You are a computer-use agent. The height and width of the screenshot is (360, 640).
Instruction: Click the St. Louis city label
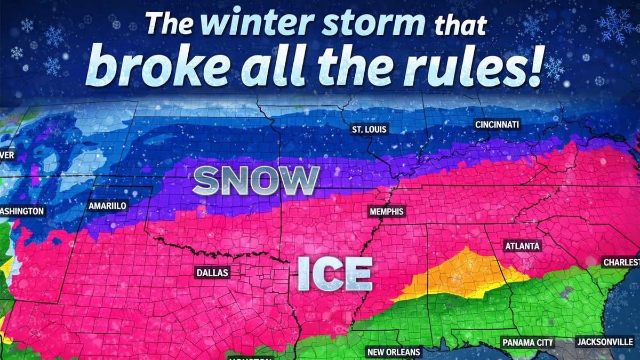tap(369, 130)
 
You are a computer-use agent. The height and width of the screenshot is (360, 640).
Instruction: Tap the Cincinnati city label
tap(497, 125)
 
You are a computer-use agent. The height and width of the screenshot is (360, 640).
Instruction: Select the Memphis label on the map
tap(387, 212)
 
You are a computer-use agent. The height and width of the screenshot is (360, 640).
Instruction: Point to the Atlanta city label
tap(523, 246)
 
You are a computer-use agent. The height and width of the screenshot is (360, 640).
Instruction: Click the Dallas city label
tap(212, 273)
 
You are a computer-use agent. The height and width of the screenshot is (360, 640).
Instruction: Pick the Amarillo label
tap(108, 205)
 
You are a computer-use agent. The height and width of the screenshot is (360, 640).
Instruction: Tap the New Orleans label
tap(394, 352)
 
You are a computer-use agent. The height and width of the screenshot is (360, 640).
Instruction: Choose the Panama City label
tap(527, 342)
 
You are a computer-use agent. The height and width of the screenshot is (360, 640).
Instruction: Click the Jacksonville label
tap(604, 342)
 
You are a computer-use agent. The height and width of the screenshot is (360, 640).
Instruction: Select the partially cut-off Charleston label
tap(621, 262)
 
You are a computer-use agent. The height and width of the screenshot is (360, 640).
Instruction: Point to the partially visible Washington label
tap(22, 211)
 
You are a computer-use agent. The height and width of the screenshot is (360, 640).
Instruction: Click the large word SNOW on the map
tap(255, 181)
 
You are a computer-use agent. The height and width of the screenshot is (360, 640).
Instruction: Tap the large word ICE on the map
tap(334, 273)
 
